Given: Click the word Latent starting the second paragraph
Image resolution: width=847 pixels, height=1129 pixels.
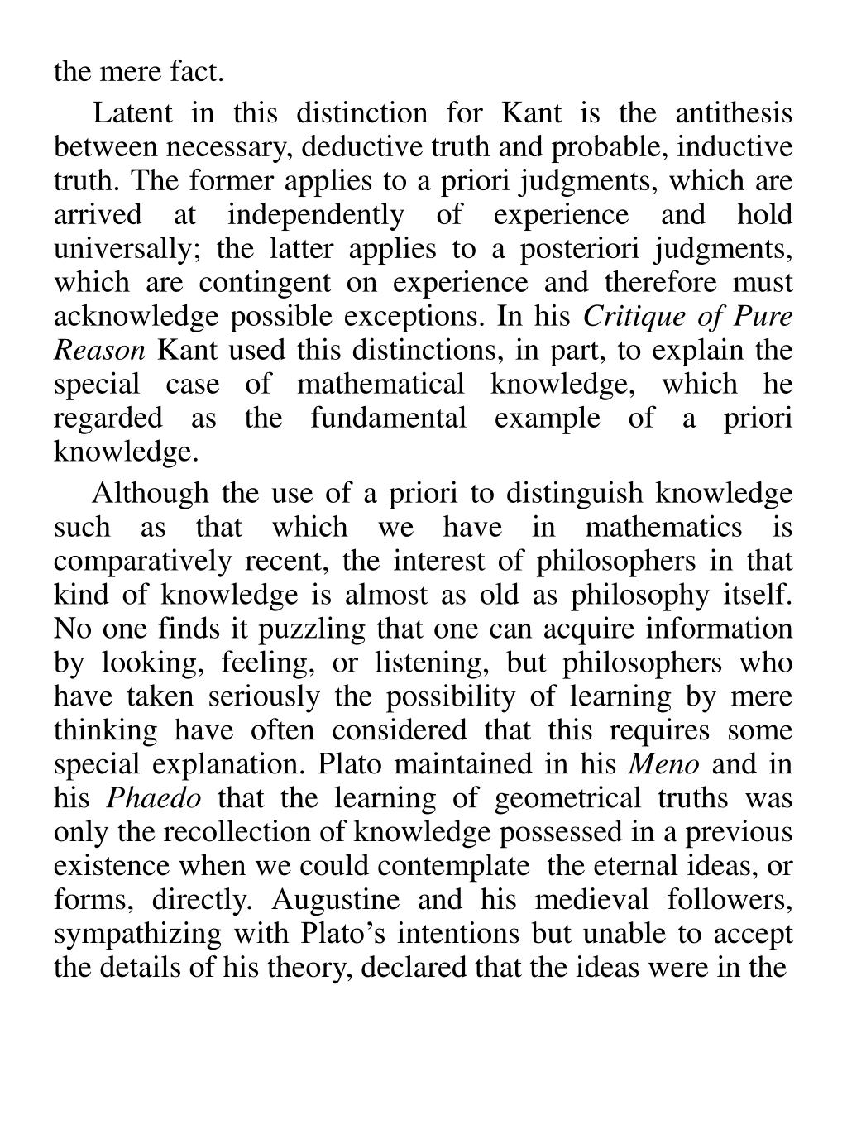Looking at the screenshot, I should coord(132,113).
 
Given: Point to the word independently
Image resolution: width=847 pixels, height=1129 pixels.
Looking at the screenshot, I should coord(316,215).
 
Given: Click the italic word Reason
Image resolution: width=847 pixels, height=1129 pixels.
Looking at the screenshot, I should coord(99,351).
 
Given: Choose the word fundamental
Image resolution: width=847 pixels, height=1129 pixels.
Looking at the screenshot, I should coord(389,419).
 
